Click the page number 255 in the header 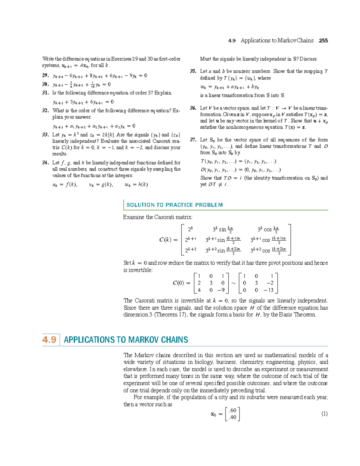pyautogui.click(x=323, y=41)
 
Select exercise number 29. pyautogui.click(x=45, y=75)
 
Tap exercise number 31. pyautogui.click(x=45, y=93)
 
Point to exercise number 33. pyautogui.click(x=45, y=135)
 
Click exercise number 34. pyautogui.click(x=45, y=163)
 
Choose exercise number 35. pyautogui.click(x=193, y=71)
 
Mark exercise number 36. pyautogui.click(x=193, y=108)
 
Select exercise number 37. pyautogui.click(x=193, y=140)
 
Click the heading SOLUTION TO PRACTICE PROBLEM pyautogui.click(x=175, y=205)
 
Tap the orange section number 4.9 pyautogui.click(x=49, y=339)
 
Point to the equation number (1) pyautogui.click(x=324, y=414)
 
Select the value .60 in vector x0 pyautogui.click(x=232, y=410)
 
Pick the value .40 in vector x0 pyautogui.click(x=232, y=417)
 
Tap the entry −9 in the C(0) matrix pyautogui.click(x=221, y=290)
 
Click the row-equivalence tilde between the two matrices pyautogui.click(x=233, y=283)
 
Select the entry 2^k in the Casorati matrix pyautogui.click(x=190, y=229)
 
